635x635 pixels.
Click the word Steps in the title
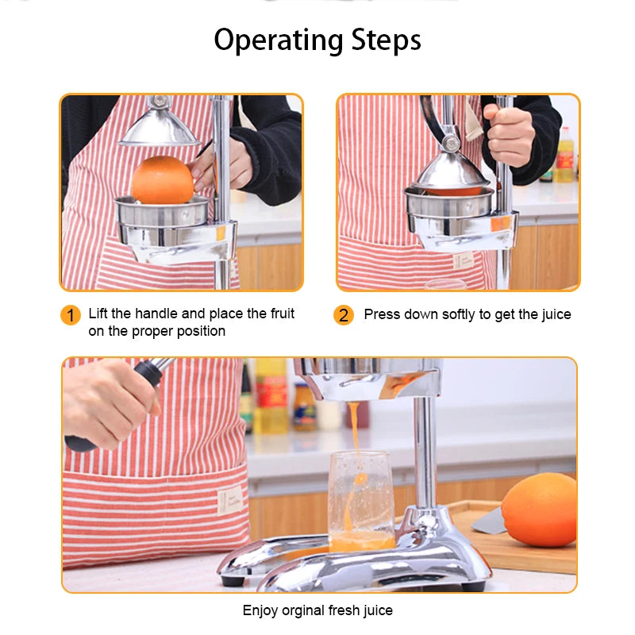[x=384, y=40]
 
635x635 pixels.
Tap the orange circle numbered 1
[x=71, y=315]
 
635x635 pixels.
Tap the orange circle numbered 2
[x=343, y=315]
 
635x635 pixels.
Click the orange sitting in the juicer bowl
[x=162, y=179]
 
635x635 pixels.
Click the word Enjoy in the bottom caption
[x=260, y=610]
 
